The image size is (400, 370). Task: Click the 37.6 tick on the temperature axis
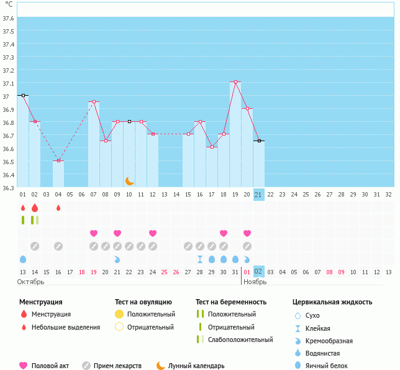[x=9, y=18]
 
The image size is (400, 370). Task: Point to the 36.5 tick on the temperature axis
[x=9, y=162]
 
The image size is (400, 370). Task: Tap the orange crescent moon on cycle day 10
[x=129, y=181]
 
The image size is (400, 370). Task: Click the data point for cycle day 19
[x=235, y=82]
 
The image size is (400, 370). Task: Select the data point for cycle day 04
[x=58, y=161]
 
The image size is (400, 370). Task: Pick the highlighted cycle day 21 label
[x=259, y=195]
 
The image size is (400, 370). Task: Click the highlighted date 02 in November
[x=259, y=271]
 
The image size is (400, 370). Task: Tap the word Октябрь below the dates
[x=31, y=282]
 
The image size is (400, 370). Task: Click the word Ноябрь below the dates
[x=255, y=282]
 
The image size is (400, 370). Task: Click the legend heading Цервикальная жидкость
[x=332, y=302]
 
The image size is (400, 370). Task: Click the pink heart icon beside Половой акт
[x=24, y=366]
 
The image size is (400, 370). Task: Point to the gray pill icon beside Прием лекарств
[x=86, y=366]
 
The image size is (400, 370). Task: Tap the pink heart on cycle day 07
[x=94, y=233]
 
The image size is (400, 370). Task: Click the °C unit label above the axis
[x=9, y=5]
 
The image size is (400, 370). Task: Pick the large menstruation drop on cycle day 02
[x=35, y=207]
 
